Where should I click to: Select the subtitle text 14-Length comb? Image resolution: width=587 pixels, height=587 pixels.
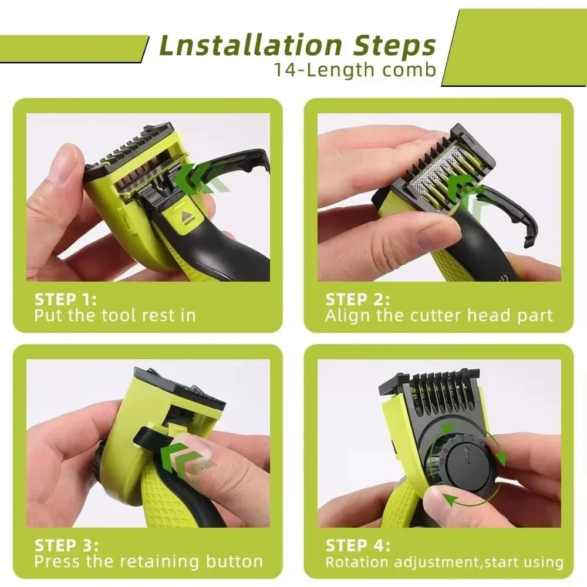355,70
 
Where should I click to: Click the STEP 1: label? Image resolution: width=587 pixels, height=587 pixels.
65,299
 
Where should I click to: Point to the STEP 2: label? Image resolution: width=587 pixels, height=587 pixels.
357,299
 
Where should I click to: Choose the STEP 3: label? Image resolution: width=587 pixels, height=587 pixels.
66,545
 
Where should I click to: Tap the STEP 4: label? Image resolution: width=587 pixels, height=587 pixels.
357,545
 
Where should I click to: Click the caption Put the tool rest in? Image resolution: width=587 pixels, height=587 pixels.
114,315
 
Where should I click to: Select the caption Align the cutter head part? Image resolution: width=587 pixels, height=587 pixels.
439,315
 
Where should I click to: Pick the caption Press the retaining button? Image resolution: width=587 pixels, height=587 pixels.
149,561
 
